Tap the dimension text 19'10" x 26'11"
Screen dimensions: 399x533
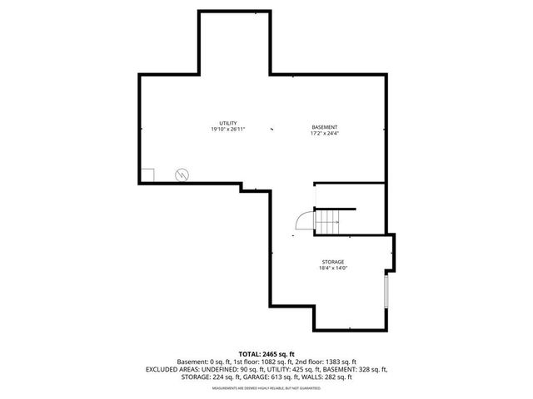(228, 130)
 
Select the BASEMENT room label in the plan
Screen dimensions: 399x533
(324, 126)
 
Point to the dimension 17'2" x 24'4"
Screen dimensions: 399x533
(324, 133)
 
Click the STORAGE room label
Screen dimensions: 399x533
(332, 262)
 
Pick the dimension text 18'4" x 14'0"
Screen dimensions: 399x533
(332, 268)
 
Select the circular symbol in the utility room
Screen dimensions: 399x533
(182, 175)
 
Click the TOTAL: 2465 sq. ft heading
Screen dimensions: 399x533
(266, 354)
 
